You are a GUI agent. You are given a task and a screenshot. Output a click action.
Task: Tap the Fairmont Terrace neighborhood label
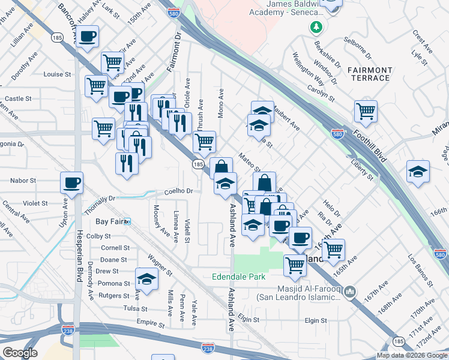(369, 74)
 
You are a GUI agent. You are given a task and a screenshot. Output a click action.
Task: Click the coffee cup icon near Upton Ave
(71, 182)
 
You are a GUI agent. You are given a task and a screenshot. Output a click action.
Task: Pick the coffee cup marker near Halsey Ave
(88, 35)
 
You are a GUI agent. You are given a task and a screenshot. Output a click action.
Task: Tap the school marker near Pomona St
(146, 278)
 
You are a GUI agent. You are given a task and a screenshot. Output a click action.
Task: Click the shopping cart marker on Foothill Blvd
(366, 111)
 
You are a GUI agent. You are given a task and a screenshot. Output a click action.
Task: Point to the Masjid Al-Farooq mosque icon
(352, 292)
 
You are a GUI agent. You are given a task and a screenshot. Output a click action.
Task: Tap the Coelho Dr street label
(178, 191)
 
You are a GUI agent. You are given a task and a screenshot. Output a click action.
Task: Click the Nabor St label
(24, 180)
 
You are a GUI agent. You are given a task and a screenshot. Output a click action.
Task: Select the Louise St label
(57, 74)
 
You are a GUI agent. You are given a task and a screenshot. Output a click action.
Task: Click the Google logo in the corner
(20, 353)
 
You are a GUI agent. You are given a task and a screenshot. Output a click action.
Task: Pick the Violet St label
(35, 203)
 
